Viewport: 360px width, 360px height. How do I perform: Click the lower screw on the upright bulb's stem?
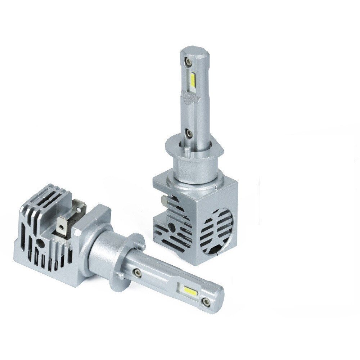pyautogui.click(x=187, y=134)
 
